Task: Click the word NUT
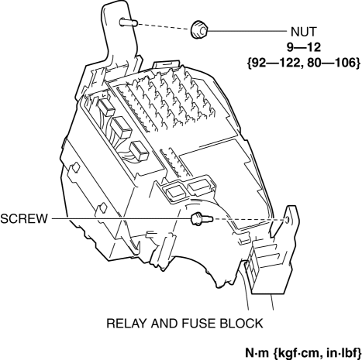(x=303, y=32)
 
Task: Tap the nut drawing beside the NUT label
(x=199, y=30)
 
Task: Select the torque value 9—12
(x=304, y=47)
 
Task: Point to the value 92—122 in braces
(x=275, y=63)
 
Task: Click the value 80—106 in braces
(x=331, y=63)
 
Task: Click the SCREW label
(x=24, y=219)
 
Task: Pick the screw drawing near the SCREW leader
(x=202, y=219)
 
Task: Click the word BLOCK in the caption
(x=241, y=324)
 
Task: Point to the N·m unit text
(x=257, y=352)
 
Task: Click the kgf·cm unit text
(x=298, y=353)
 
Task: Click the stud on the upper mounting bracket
(x=128, y=22)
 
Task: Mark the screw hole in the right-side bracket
(x=288, y=220)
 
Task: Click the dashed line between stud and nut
(x=164, y=27)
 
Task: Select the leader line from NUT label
(x=247, y=31)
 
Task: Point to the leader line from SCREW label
(x=121, y=219)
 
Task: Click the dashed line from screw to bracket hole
(x=250, y=219)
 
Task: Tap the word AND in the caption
(x=164, y=324)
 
